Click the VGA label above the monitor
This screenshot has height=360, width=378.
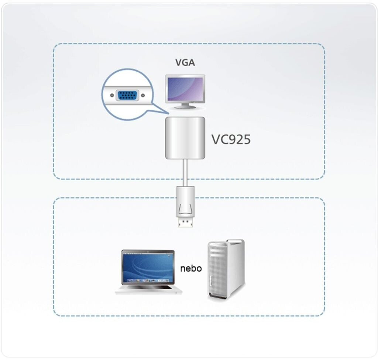(185, 63)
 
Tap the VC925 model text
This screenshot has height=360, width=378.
(231, 140)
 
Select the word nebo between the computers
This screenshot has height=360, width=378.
(191, 268)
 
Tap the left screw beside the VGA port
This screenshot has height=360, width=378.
(111, 95)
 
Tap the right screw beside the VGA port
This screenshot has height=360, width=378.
(143, 95)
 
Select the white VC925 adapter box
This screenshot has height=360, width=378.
(185, 138)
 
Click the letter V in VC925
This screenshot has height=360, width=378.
(215, 140)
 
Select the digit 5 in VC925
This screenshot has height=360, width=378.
(246, 140)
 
